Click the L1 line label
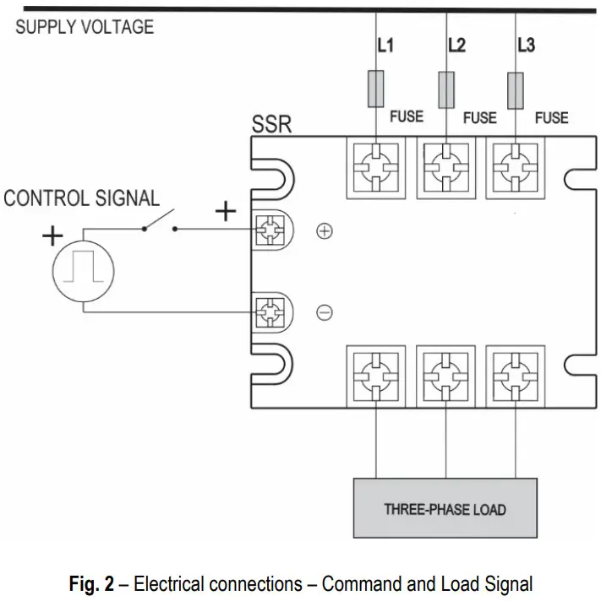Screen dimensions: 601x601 click(x=385, y=46)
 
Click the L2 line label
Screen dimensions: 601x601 click(x=456, y=46)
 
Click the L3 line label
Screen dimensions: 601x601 click(x=525, y=46)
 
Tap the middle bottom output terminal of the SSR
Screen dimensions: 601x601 click(x=445, y=376)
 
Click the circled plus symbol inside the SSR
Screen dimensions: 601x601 click(x=324, y=231)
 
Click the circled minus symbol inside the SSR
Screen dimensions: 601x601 click(x=324, y=312)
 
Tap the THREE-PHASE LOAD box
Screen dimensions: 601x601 click(x=445, y=508)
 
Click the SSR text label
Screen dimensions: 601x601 click(x=271, y=126)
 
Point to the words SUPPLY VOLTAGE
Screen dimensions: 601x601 click(x=85, y=26)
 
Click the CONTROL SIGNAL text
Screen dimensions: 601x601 click(x=81, y=199)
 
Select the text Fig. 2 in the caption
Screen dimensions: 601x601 click(x=93, y=582)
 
